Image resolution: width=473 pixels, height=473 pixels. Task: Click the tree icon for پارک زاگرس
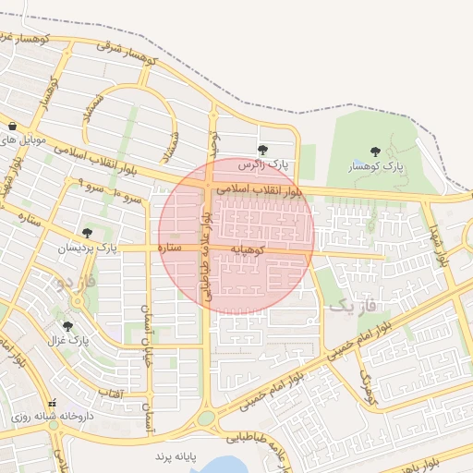[263, 150]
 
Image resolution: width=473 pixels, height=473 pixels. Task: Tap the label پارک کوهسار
[376, 167]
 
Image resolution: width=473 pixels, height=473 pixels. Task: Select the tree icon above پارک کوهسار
[375, 152]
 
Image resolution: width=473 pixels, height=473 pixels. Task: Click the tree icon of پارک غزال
[67, 325]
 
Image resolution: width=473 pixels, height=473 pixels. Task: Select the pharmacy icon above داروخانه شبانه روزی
[52, 403]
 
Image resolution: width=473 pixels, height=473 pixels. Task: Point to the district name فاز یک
[353, 304]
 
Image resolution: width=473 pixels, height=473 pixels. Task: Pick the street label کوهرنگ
[369, 389]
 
